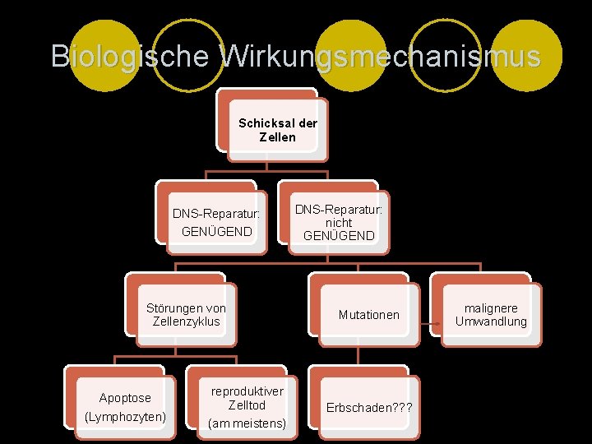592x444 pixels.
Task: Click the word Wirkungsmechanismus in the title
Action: tap(382, 56)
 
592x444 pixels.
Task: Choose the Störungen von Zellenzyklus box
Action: tap(186, 315)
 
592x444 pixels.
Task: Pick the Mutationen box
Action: tap(368, 315)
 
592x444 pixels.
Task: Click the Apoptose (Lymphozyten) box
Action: tap(125, 407)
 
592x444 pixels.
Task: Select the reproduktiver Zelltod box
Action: tap(247, 407)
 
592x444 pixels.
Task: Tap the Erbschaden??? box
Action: tap(368, 408)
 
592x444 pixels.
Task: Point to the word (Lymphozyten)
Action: tap(125, 418)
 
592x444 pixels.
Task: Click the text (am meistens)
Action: tap(247, 423)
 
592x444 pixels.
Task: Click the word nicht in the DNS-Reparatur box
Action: tap(339, 223)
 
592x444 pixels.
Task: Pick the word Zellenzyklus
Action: tap(186, 321)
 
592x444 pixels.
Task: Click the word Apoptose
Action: tap(125, 398)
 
